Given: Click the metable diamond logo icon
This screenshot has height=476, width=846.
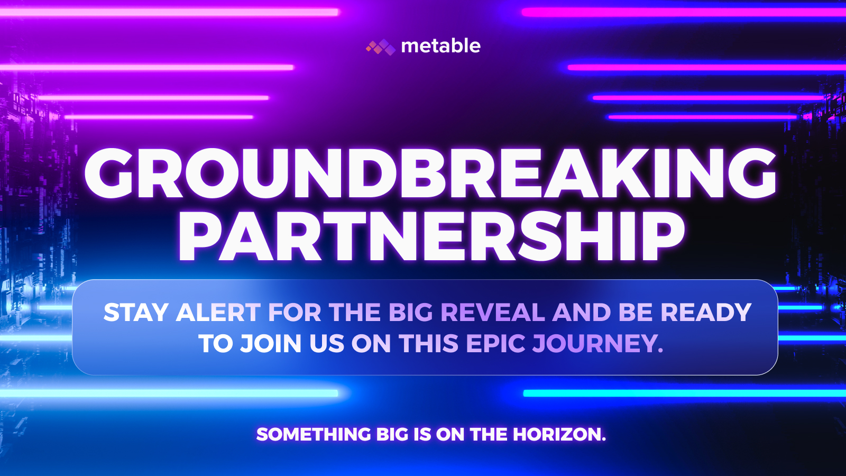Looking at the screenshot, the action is [381, 47].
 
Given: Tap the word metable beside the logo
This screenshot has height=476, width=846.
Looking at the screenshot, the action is [441, 46].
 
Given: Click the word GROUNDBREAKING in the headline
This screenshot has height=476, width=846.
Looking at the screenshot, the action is [430, 173].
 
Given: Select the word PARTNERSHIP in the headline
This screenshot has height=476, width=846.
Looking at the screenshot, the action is [431, 236].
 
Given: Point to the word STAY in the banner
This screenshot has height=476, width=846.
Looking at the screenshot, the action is [136, 313].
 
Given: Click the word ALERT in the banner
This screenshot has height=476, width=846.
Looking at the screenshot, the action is [218, 313].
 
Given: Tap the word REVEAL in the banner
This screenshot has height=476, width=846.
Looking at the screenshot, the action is [493, 313].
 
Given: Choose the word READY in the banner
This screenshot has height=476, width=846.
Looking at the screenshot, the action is [705, 313].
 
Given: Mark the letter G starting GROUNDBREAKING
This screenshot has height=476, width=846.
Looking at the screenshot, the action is [109, 173].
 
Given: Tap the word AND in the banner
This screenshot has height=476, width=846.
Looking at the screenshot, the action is [582, 313].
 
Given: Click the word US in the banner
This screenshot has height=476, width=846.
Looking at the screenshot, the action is [327, 343].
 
